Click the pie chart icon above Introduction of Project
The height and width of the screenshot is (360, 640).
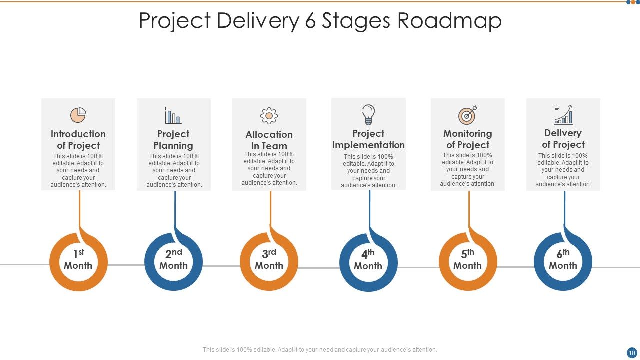[x=78, y=115]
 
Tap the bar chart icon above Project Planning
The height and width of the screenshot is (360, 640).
[x=173, y=115]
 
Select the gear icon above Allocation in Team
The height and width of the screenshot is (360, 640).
[x=269, y=116]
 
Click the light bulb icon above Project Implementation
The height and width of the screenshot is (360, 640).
[x=368, y=115]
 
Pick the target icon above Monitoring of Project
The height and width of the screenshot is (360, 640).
[x=468, y=115]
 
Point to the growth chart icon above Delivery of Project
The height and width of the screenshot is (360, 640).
[x=563, y=115]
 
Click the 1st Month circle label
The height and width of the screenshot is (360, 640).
[x=78, y=260]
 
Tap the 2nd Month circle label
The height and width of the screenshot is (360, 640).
[x=173, y=260]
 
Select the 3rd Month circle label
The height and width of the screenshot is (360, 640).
[x=269, y=260]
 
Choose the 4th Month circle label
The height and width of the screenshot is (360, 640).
[x=368, y=260]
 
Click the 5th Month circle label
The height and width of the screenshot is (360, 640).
[x=468, y=260]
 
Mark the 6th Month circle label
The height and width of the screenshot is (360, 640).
[x=563, y=260]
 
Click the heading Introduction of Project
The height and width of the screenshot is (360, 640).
[x=78, y=140]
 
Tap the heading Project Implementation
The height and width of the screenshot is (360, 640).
[x=368, y=139]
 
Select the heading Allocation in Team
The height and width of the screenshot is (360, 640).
[x=269, y=140]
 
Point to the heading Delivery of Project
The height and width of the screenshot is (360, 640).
[x=563, y=139]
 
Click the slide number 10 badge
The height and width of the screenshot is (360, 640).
[x=631, y=352]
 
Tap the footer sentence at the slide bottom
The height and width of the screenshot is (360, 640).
[x=320, y=350]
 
